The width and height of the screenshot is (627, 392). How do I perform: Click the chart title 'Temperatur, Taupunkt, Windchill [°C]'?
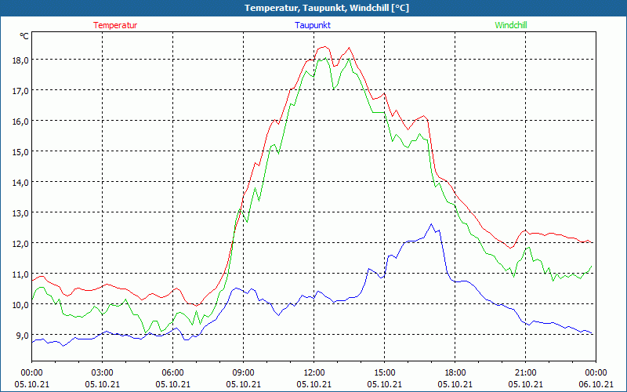[313, 8]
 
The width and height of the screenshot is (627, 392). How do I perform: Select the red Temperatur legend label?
[115, 25]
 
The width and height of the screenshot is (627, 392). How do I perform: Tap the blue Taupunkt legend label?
[313, 25]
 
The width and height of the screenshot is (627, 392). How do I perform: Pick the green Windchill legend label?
[511, 25]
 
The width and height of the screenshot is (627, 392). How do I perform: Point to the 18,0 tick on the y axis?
[20, 60]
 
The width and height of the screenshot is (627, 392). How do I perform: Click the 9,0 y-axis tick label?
[20, 336]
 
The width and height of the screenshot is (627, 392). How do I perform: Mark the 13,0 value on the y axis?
[20, 213]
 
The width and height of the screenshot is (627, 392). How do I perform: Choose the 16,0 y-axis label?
[20, 121]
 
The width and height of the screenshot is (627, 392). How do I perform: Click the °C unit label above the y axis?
[24, 36]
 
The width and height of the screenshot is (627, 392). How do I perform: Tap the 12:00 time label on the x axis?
[314, 372]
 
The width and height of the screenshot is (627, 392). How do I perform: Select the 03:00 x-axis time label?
[103, 372]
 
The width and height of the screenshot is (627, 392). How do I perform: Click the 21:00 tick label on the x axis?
[526, 372]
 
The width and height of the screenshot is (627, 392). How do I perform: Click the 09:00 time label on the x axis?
[244, 372]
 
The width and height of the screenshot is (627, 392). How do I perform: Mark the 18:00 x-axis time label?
[455, 372]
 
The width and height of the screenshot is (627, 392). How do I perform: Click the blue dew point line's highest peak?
[431, 224]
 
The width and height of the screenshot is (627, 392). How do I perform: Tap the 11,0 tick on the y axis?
[20, 274]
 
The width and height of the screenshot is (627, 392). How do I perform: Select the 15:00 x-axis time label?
[385, 372]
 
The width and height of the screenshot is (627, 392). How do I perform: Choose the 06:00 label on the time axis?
[173, 372]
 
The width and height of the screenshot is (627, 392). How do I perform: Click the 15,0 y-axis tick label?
[20, 151]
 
